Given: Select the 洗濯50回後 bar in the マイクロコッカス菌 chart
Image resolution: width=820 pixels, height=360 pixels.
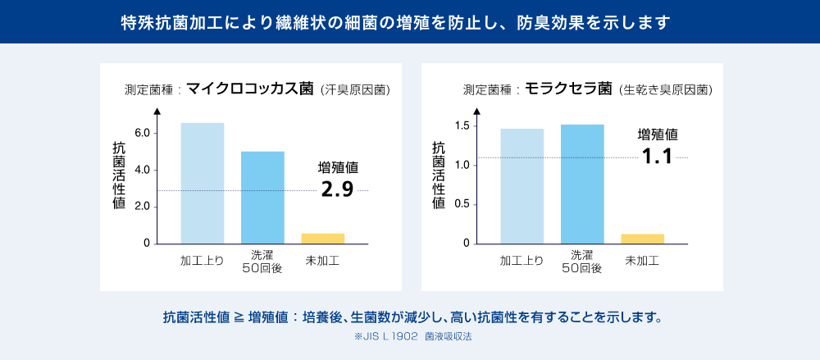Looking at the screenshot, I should [262, 198].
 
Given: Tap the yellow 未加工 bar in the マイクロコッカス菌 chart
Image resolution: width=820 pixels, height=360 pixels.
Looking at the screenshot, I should [322, 239].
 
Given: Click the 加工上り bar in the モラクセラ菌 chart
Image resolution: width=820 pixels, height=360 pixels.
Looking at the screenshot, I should [522, 186].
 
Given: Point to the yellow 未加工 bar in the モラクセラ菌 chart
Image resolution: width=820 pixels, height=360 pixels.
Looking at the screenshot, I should [642, 239].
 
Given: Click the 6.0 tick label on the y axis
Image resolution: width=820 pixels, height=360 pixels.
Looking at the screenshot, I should [141, 133].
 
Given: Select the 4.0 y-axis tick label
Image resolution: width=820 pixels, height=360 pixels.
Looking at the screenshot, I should [141, 170].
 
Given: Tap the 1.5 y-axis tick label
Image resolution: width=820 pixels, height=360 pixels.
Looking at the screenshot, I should [461, 125].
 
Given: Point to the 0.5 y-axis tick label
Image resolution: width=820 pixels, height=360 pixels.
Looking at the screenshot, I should [461, 204].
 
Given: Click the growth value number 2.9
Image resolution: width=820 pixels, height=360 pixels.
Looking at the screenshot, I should [337, 190].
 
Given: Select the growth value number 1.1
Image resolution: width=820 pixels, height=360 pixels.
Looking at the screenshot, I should [658, 156].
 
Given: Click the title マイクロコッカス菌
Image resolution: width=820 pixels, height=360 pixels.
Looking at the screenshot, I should [249, 89].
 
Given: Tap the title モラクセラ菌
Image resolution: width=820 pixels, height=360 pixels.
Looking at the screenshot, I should [568, 89].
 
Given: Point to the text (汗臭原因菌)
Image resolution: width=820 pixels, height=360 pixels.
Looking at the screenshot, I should [354, 89].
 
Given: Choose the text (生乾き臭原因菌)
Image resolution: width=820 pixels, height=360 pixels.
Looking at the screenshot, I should [665, 89].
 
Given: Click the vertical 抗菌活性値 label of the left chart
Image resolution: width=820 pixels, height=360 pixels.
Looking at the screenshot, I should [119, 175].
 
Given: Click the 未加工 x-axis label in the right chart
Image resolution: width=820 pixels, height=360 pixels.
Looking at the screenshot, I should [642, 261].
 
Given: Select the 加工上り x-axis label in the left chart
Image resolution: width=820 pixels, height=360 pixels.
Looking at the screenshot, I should [202, 261].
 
